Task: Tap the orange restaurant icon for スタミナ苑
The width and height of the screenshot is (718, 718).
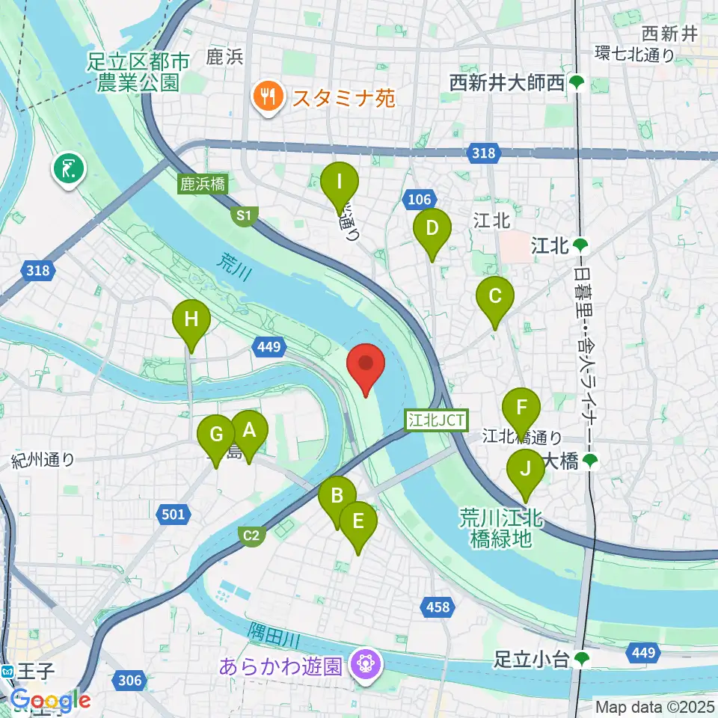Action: pos(266,96)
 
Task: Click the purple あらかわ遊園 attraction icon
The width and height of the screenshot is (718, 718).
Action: pos(366,663)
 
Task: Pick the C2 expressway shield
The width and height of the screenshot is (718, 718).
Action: pos(252,535)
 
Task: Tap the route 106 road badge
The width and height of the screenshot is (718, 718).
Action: pos(419,199)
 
